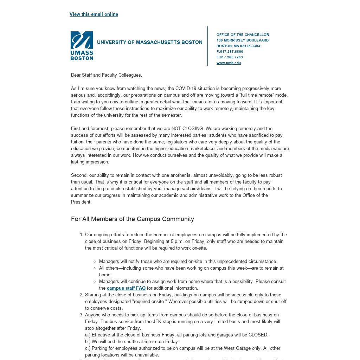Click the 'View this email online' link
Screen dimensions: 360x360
[94, 14]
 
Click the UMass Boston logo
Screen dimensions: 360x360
[82, 46]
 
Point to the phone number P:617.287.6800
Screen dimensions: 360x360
[230, 52]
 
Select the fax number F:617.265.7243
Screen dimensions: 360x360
[230, 57]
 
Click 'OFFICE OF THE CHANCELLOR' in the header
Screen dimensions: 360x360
[243, 35]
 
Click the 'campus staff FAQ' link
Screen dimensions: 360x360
[126, 288]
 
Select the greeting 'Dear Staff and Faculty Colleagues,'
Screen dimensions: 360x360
[107, 75]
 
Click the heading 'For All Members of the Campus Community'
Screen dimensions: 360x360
[133, 219]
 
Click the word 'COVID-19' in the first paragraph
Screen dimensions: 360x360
[186, 89]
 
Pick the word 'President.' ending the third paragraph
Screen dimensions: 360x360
[81, 202]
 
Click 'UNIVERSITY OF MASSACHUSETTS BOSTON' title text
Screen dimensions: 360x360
[150, 43]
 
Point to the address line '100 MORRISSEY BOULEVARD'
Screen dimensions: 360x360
[243, 40]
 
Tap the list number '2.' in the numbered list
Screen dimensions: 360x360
[82, 295]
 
